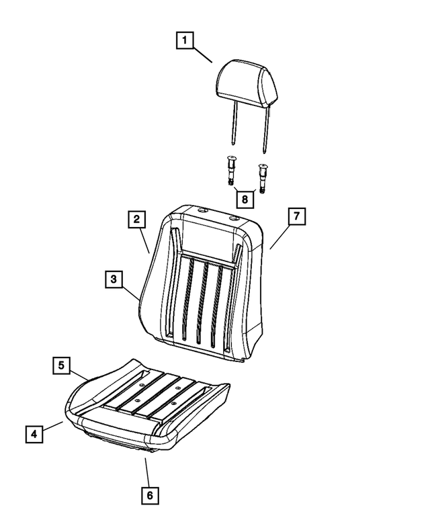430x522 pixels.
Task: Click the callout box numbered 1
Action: click(185, 40)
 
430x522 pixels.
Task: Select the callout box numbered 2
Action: click(137, 219)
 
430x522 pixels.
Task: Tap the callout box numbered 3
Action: click(114, 279)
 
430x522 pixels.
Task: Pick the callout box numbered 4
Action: click(34, 434)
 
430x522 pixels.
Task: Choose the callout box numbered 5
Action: click(62, 365)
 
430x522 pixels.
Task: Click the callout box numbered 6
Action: click(150, 495)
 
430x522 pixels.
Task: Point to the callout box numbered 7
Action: click(296, 216)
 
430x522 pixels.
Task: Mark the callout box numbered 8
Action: click(245, 200)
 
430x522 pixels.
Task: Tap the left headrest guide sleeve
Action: click(230, 170)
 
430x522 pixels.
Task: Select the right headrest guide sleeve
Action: click(263, 179)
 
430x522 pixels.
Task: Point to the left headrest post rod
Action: click(234, 123)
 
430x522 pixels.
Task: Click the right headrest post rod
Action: click(265, 130)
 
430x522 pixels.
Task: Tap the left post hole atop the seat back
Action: click(202, 211)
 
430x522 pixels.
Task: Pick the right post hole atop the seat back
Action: click(234, 219)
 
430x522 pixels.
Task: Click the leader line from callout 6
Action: click(147, 472)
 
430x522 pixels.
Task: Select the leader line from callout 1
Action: click(203, 55)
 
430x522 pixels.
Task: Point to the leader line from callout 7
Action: click(279, 236)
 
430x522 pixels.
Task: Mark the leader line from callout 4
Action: click(53, 426)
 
